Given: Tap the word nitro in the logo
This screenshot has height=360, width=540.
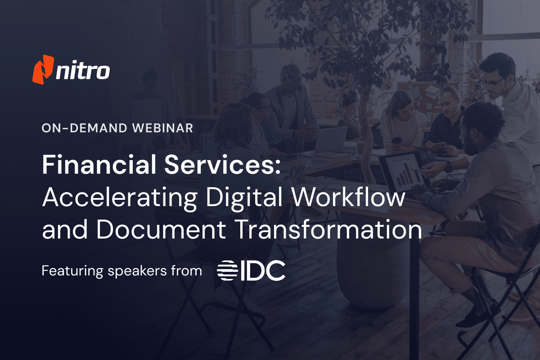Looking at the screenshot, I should pos(84,70).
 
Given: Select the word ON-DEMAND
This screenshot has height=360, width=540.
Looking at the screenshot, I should pos(83,128).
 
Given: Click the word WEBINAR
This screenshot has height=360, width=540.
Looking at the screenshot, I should pos(162,128).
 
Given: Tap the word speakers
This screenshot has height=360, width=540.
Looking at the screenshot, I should pos(148,271).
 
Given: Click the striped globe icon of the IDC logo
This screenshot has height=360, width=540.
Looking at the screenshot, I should pos(229,270).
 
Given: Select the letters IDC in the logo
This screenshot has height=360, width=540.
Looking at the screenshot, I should pos(265,270).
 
